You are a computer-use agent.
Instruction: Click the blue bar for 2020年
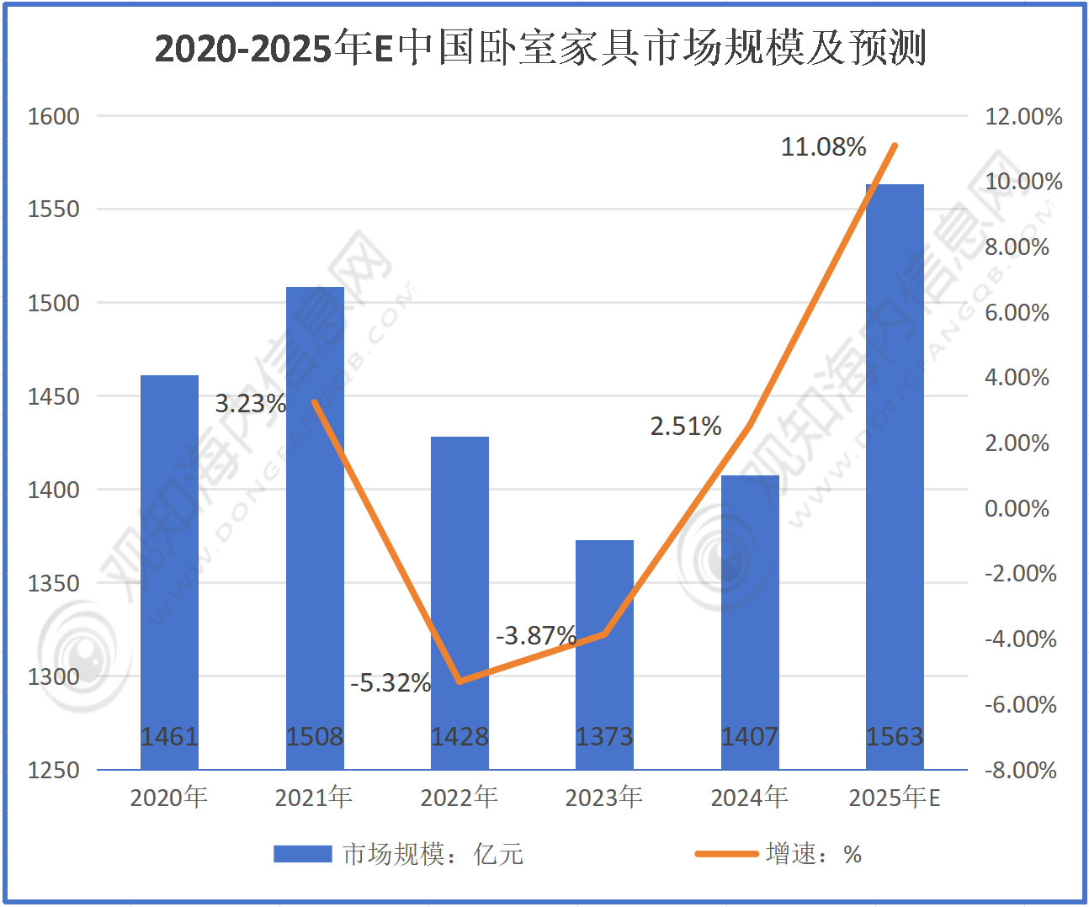pyautogui.click(x=169, y=572)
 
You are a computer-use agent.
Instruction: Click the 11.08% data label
pyautogui.click(x=823, y=147)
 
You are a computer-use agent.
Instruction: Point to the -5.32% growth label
pyautogui.click(x=390, y=682)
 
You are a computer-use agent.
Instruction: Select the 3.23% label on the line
pyautogui.click(x=250, y=404)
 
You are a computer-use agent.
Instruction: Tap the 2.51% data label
pyautogui.click(x=685, y=427)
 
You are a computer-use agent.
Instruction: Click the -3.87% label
pyautogui.click(x=536, y=635)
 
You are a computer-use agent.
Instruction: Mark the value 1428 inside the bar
pyautogui.click(x=460, y=737)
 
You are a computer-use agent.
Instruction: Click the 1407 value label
pyautogui.click(x=749, y=737)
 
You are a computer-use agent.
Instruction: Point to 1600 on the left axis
pyautogui.click(x=54, y=116)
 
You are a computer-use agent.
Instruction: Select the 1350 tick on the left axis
pyautogui.click(x=54, y=583)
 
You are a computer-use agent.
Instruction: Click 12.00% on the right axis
pyautogui.click(x=1023, y=116)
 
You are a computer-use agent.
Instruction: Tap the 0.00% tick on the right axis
pyautogui.click(x=1017, y=508)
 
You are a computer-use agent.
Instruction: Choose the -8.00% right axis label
pyautogui.click(x=1020, y=770)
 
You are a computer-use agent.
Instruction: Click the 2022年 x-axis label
pyautogui.click(x=459, y=797)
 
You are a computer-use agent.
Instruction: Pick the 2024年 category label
pyautogui.click(x=749, y=797)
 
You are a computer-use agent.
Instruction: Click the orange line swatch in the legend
pyautogui.click(x=725, y=854)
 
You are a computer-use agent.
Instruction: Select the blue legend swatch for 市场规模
pyautogui.click(x=302, y=854)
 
